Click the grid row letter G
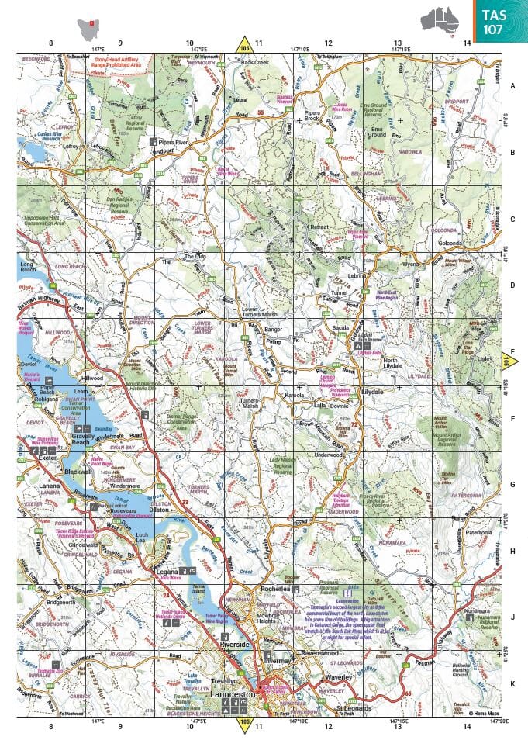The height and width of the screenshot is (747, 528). pos(512,485)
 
